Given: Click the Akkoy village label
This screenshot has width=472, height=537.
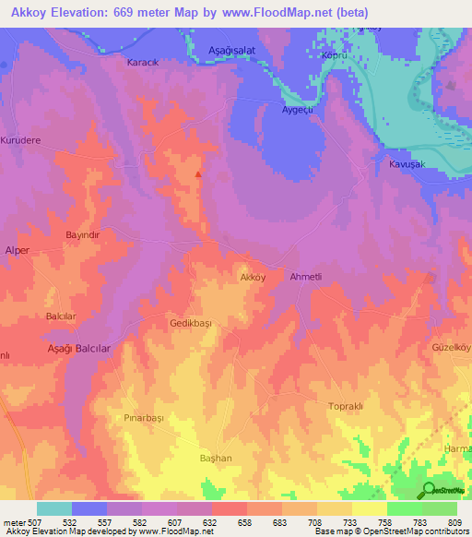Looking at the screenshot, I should [x=253, y=277].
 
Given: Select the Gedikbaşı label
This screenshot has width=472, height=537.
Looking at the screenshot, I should [x=192, y=324].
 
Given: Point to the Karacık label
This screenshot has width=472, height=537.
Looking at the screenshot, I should [x=142, y=65].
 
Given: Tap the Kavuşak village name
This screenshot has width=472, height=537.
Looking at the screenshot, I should [x=405, y=163].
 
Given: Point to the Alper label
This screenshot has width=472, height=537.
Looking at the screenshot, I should [x=18, y=251].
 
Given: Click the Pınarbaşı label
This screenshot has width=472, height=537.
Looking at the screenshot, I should [x=144, y=417].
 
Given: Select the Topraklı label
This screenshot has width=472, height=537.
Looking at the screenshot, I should [x=348, y=406].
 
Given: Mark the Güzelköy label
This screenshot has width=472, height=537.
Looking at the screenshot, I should [x=451, y=348].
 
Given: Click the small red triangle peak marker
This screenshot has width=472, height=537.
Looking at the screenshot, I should [x=198, y=173].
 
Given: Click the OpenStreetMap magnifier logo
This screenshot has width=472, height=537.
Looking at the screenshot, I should [x=430, y=490].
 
